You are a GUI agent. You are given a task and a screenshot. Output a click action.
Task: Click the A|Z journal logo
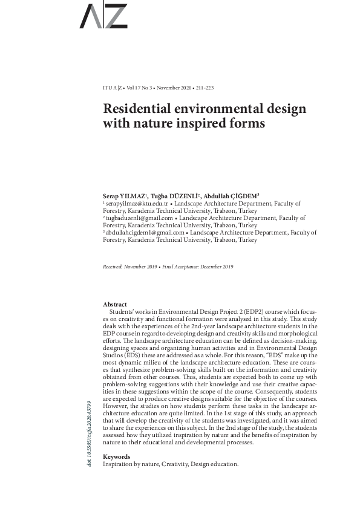(x=103, y=16)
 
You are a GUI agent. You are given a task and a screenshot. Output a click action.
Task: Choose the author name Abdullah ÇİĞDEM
(x=231, y=197)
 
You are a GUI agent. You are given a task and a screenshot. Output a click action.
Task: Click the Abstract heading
(x=115, y=304)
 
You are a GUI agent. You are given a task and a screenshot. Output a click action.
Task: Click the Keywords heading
(x=117, y=456)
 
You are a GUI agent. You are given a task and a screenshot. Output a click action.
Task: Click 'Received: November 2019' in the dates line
(x=129, y=267)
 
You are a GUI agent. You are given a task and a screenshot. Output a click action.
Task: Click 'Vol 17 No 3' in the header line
(x=140, y=88)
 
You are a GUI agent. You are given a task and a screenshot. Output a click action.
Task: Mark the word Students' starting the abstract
(x=122, y=311)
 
